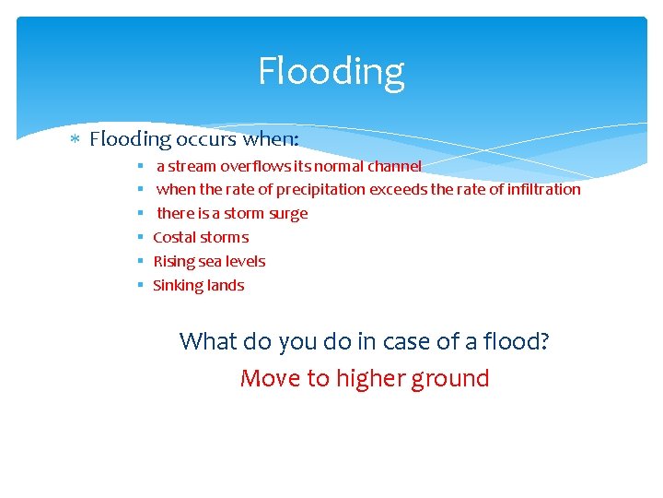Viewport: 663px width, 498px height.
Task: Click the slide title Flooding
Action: (331, 71)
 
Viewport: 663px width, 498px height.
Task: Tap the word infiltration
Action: (542, 189)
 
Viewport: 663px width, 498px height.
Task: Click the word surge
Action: (288, 213)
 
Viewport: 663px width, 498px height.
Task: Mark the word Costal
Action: (174, 237)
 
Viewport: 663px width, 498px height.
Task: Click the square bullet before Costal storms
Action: (140, 237)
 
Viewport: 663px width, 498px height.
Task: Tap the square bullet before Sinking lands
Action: (140, 285)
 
